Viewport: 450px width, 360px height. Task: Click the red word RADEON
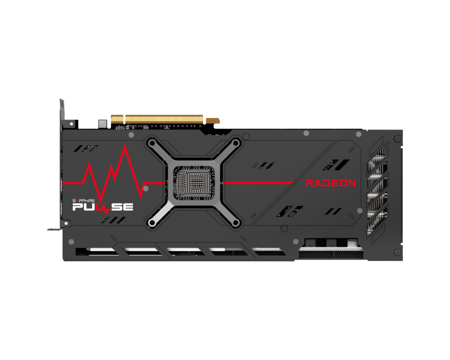pos(331,183)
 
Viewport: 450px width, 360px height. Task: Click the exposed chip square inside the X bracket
pos(194,182)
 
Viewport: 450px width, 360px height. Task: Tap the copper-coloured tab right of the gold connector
pos(213,120)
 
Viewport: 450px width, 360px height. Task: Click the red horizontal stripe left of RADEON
pos(257,183)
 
